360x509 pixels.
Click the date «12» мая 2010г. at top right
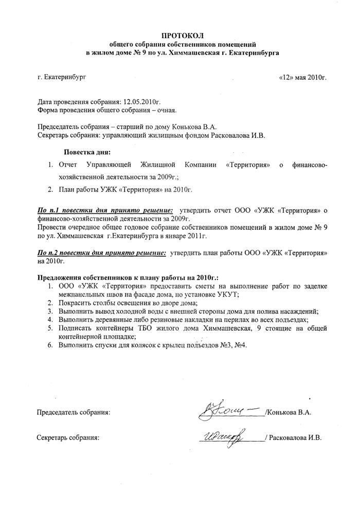click(302, 78)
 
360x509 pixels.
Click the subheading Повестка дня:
click(86, 152)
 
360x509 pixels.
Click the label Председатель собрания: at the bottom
click(74, 412)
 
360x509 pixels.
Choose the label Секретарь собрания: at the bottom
click(69, 438)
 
